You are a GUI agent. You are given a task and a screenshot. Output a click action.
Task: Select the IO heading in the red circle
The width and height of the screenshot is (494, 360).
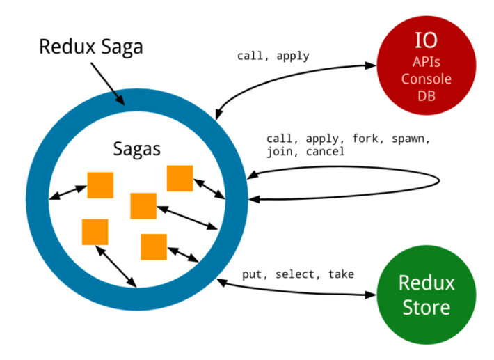click(x=426, y=40)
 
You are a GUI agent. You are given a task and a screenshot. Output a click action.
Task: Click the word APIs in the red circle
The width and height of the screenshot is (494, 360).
click(x=426, y=62)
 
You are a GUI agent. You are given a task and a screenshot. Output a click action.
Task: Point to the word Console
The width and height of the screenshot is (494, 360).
click(x=426, y=79)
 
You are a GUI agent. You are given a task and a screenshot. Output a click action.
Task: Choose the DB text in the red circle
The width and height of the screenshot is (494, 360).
click(x=426, y=95)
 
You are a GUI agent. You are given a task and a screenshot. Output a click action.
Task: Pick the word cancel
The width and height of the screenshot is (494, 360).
click(x=325, y=151)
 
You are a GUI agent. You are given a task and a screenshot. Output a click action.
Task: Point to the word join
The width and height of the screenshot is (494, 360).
click(x=280, y=151)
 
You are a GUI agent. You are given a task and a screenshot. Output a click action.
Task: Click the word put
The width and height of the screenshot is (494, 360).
click(x=253, y=274)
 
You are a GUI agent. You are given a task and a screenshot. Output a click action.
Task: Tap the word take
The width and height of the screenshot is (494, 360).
click(x=340, y=274)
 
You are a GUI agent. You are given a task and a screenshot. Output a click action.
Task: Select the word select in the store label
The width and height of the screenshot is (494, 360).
click(x=296, y=274)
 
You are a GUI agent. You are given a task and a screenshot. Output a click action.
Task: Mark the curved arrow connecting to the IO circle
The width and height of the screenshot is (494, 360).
click(x=292, y=73)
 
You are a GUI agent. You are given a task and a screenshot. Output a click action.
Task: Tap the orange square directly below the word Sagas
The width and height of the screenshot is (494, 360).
click(x=143, y=205)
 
